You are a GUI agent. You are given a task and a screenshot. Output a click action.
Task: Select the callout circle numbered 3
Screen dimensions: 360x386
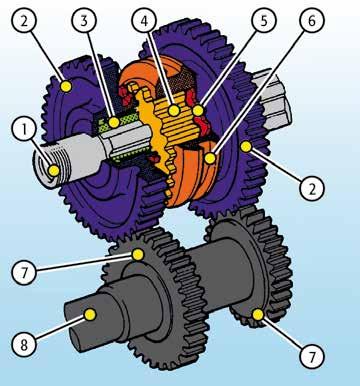(84, 21)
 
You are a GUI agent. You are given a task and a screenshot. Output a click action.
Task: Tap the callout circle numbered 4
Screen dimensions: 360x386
(144, 21)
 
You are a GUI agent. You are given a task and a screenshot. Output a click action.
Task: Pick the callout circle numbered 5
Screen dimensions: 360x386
(264, 21)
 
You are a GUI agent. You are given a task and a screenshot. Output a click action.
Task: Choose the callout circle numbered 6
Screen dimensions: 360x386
(312, 21)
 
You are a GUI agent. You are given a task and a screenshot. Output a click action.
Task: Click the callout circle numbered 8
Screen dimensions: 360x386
(24, 344)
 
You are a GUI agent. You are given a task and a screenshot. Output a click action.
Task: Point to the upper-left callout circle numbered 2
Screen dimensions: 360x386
(24, 21)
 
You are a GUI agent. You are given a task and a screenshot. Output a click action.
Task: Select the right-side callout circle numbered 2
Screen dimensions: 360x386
(312, 189)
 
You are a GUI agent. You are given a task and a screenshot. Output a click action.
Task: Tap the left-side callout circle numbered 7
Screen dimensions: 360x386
(24, 273)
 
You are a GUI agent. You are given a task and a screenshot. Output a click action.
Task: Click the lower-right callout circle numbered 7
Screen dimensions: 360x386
(312, 356)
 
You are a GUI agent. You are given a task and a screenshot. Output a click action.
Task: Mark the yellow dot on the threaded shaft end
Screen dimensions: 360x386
(54, 171)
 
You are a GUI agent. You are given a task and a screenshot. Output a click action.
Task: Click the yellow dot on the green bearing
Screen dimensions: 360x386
(114, 122)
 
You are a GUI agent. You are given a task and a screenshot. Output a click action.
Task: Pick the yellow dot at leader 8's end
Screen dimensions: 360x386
(90, 314)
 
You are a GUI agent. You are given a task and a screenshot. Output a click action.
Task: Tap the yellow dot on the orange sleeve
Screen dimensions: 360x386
(210, 158)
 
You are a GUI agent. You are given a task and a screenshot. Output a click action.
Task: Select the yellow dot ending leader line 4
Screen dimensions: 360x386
(174, 110)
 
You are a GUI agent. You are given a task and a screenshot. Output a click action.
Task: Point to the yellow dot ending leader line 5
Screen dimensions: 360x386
(198, 110)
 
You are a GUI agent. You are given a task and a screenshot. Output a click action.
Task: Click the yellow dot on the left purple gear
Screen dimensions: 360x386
(66, 87)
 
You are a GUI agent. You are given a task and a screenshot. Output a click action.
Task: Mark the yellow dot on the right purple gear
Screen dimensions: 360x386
(246, 146)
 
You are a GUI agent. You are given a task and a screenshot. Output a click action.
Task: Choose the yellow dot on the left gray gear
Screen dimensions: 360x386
(138, 255)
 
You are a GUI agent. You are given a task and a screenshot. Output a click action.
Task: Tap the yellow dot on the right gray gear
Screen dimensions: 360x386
(258, 314)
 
